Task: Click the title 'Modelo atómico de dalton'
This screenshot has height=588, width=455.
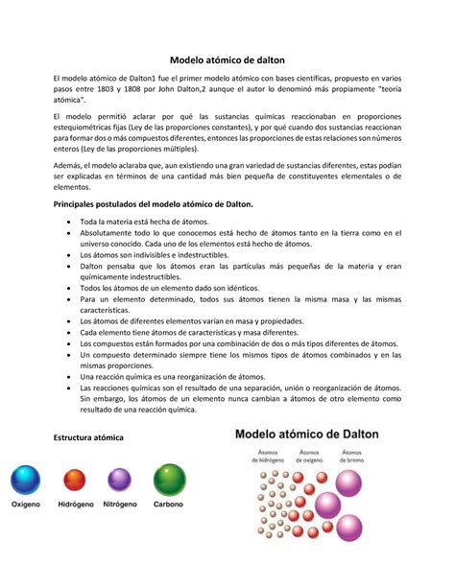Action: pos(227,59)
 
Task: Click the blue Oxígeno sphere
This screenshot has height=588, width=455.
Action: pos(26,479)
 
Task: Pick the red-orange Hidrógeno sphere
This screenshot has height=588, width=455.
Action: pos(74,480)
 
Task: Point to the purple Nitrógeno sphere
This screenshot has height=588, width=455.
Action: pos(119,480)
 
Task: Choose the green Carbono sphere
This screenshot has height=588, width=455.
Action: pos(169,479)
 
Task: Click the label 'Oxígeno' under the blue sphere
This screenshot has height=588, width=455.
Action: pos(27,505)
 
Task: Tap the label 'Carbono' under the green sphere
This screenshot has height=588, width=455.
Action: pos(169,505)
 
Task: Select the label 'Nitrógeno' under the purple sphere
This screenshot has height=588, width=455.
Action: pos(119,505)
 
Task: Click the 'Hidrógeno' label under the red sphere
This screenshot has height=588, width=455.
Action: pos(74,505)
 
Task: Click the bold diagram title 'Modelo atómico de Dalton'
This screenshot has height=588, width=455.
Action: pos(307,434)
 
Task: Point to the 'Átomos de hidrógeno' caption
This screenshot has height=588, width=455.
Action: pos(268,456)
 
